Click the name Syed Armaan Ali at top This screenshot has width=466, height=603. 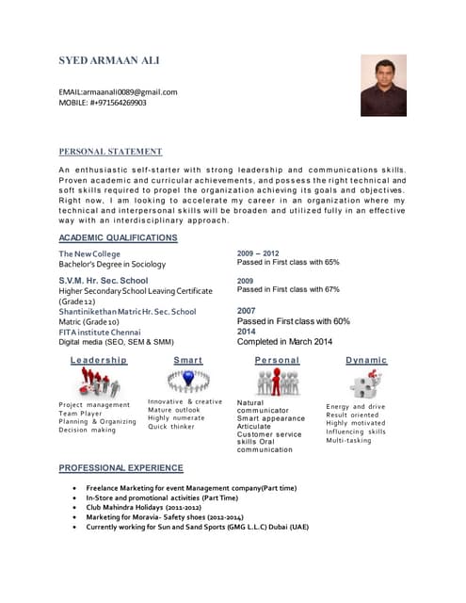(x=109, y=60)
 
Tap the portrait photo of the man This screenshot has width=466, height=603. (x=383, y=85)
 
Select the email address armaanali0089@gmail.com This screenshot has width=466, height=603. (x=118, y=91)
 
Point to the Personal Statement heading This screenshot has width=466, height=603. (x=110, y=151)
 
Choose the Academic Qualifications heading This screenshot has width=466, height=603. (x=118, y=237)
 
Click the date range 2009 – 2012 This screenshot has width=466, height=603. (x=257, y=253)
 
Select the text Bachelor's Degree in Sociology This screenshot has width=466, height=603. (x=112, y=265)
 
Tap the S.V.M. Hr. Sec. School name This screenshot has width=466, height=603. (x=104, y=280)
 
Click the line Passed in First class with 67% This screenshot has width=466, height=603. (x=288, y=290)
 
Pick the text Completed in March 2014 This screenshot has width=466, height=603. (x=284, y=341)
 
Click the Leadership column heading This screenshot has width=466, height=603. (x=98, y=360)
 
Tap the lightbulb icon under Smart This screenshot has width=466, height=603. (x=187, y=380)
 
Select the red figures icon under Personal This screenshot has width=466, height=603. (x=278, y=382)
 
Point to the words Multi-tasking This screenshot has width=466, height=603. (x=348, y=440)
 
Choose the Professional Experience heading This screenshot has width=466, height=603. (x=121, y=467)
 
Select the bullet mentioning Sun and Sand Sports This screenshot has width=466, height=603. (x=197, y=527)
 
